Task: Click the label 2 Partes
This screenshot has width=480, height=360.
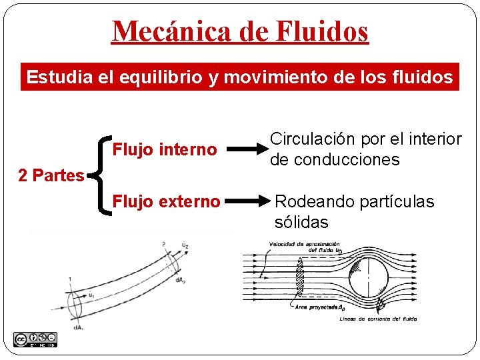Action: tap(51, 176)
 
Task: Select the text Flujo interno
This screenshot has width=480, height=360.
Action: tap(164, 149)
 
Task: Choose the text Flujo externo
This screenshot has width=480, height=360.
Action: tap(166, 201)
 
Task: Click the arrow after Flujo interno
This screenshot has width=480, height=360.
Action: tap(245, 149)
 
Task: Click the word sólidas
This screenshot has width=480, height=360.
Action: tap(301, 222)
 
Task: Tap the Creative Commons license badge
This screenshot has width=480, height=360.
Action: tap(35, 339)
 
